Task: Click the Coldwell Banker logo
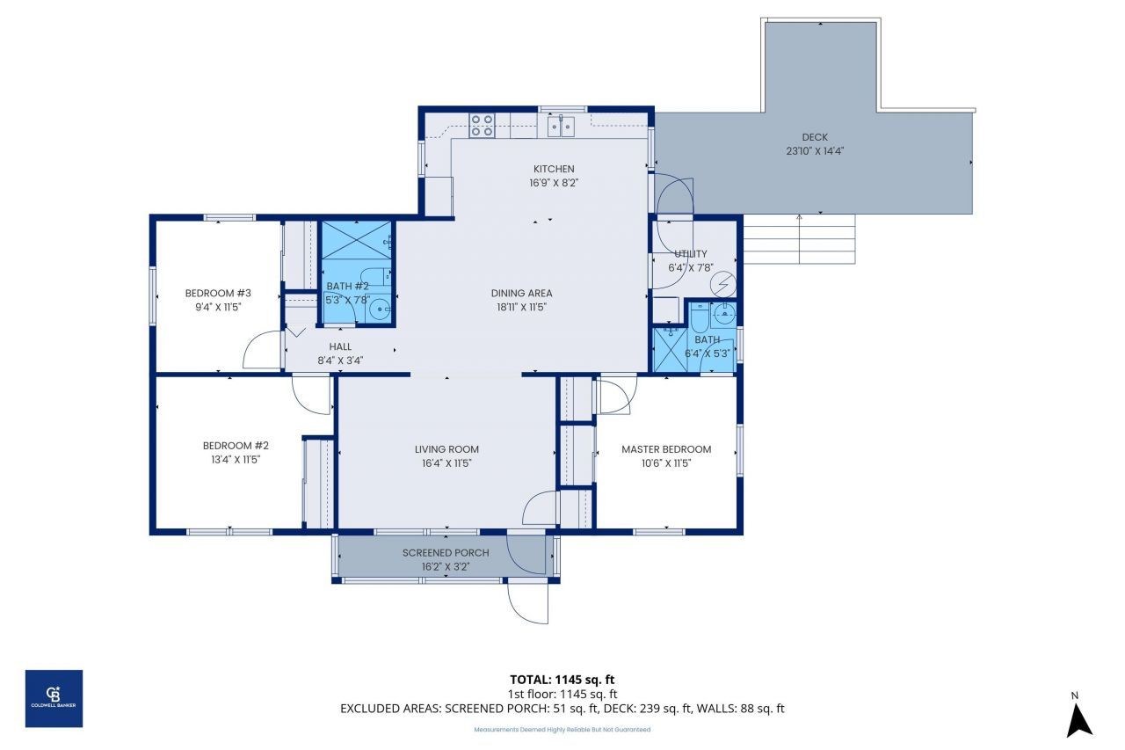click(x=54, y=698)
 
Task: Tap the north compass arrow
click(x=1078, y=716)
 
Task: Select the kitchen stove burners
click(x=482, y=125)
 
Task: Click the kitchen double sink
click(x=560, y=125)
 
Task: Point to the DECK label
click(x=815, y=137)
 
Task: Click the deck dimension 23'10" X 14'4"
click(x=815, y=150)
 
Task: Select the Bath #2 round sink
click(x=379, y=308)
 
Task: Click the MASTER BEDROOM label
click(x=666, y=449)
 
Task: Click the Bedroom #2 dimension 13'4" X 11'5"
click(x=230, y=459)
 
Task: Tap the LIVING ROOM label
click(x=446, y=449)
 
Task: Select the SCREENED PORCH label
click(x=446, y=553)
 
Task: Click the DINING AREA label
click(x=521, y=294)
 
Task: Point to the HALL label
click(x=340, y=346)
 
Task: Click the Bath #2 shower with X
click(x=355, y=240)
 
